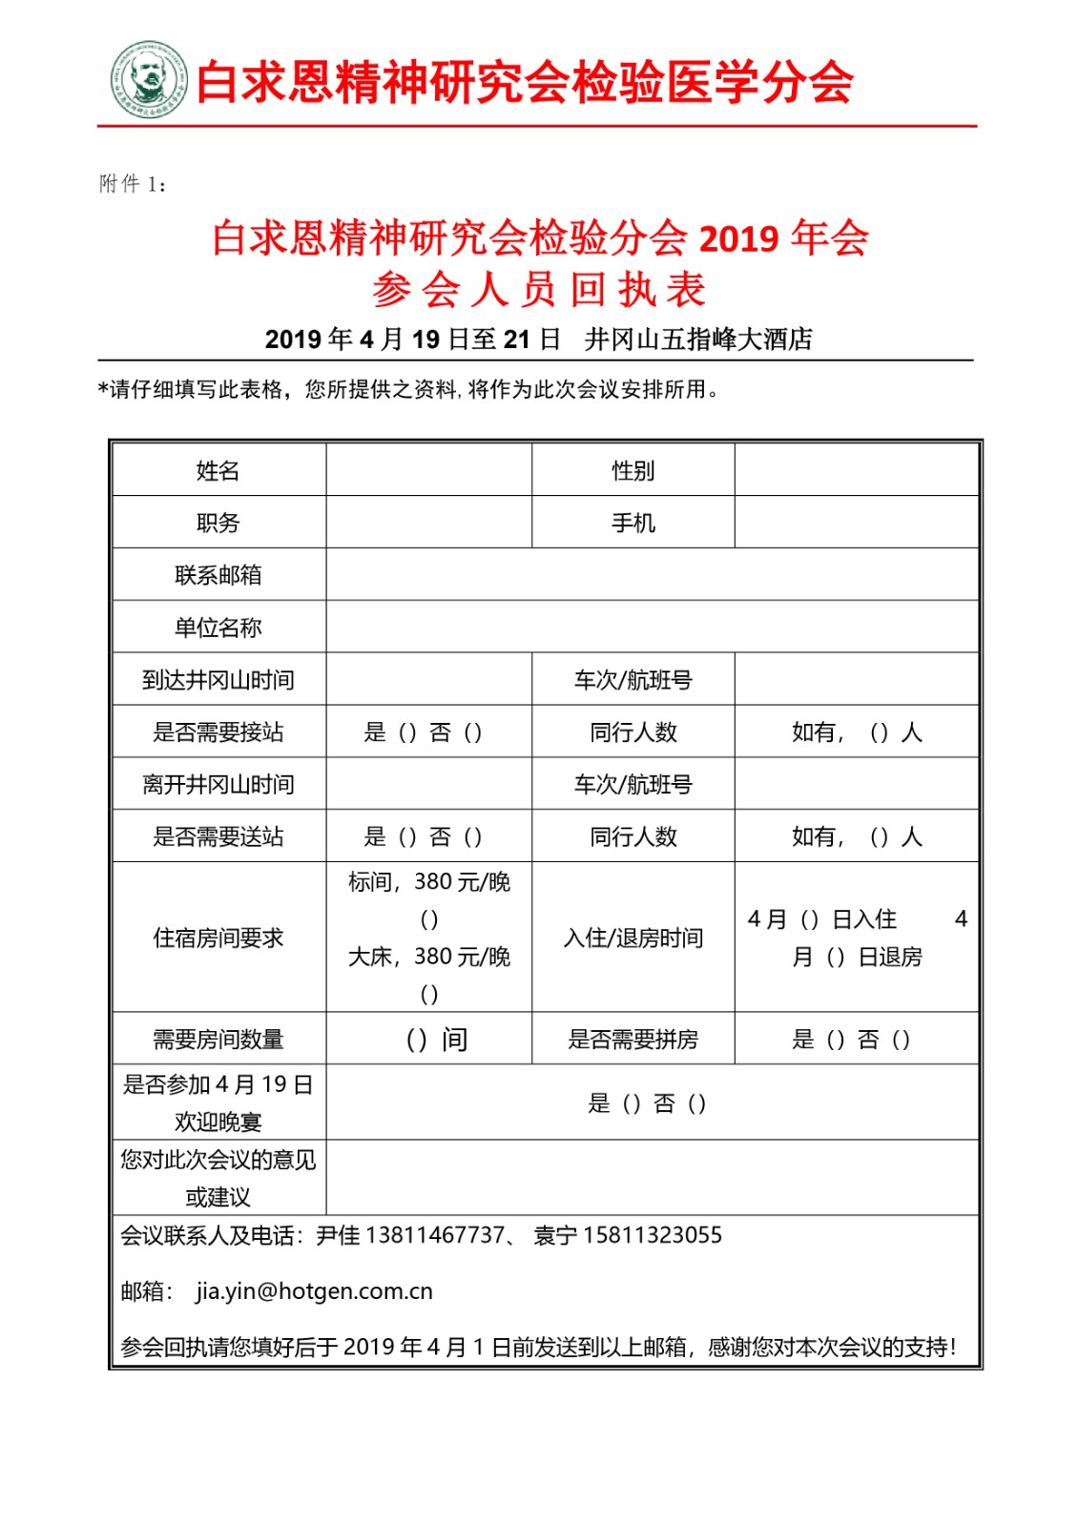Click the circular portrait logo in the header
(149, 79)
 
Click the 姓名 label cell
(218, 470)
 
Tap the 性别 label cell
(633, 470)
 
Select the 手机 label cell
(633, 523)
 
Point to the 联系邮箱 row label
(218, 575)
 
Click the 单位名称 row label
(218, 628)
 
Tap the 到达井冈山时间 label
(218, 680)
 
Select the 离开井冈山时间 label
(218, 784)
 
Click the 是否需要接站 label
(218, 732)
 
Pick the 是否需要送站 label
(218, 836)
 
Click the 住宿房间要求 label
(218, 938)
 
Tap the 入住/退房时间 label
(633, 938)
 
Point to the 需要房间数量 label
(218, 1039)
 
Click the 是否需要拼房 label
(633, 1039)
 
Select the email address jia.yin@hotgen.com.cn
(314, 1291)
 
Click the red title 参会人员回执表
(539, 289)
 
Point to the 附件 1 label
(133, 183)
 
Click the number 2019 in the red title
(739, 237)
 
